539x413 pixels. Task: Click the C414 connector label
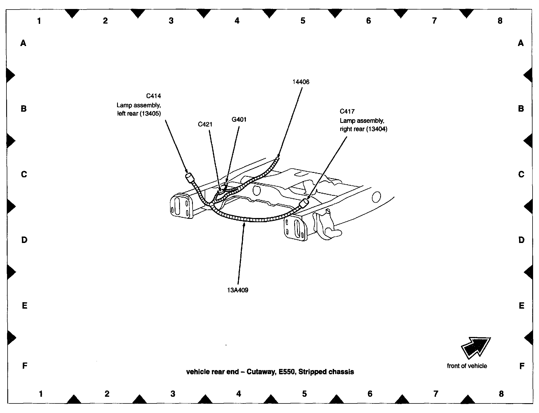(x=154, y=96)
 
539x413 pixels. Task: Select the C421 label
(x=205, y=124)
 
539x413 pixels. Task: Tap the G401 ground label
(x=239, y=120)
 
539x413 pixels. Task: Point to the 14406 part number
(x=301, y=82)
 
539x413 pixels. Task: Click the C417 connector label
(x=347, y=111)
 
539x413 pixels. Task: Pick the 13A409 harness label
(x=238, y=290)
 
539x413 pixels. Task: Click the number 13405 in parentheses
(x=150, y=114)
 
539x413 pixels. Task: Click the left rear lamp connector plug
(x=189, y=178)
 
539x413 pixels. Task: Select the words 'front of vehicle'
(x=467, y=366)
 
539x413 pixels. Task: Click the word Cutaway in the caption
(x=261, y=372)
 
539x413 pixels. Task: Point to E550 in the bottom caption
(x=287, y=372)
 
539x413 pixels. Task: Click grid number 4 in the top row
(x=237, y=21)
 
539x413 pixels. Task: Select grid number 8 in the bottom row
(x=501, y=394)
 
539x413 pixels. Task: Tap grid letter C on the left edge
(x=24, y=175)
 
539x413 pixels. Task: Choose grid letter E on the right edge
(x=522, y=306)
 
